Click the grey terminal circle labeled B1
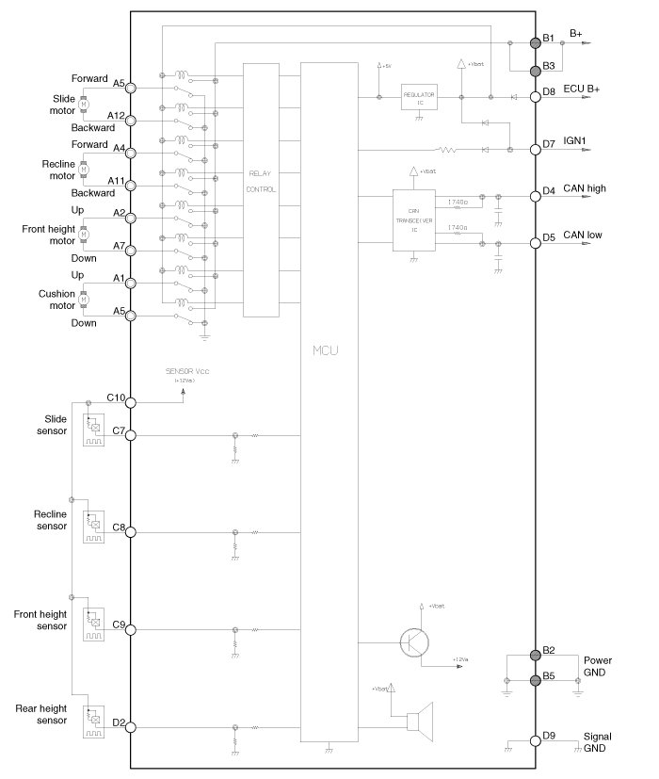click(x=535, y=42)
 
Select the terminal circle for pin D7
click(x=535, y=149)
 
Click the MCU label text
click(x=326, y=351)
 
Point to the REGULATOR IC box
click(x=419, y=97)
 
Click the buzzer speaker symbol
click(x=417, y=721)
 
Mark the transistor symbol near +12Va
click(x=414, y=642)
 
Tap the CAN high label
click(x=585, y=188)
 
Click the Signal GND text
click(x=597, y=740)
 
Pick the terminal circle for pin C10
click(x=131, y=402)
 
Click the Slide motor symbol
click(x=83, y=103)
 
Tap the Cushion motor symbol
click(x=83, y=299)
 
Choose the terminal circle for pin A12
click(x=131, y=121)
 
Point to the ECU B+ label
click(x=581, y=89)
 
